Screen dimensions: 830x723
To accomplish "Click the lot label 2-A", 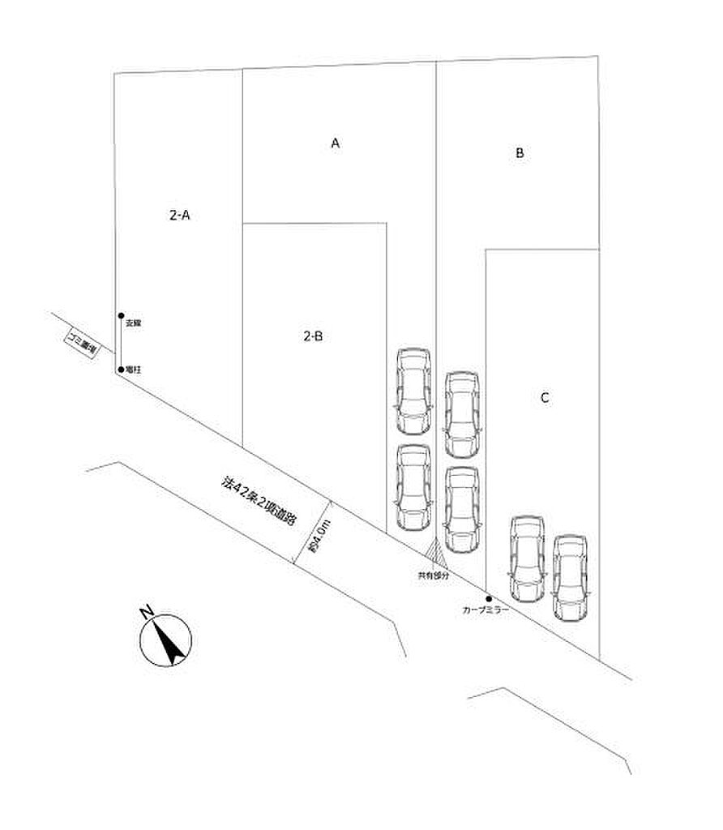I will pos(179,216).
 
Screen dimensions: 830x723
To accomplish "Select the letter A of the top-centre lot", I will pos(334,143).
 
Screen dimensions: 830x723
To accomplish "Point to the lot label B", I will pos(520,152).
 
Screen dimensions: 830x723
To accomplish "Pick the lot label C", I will pos(545,398).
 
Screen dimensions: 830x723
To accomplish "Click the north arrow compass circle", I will pos(166,640).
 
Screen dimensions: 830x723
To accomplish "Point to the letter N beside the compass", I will pos(147,612).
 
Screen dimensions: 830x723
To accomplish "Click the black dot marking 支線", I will pos(120,315).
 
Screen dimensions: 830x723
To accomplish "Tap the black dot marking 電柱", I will pos(120,370).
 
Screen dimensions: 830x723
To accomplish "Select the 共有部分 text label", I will pos(433,575).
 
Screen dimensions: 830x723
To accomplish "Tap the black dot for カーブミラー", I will pos(488,599).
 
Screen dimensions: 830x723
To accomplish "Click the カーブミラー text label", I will pos(485,610).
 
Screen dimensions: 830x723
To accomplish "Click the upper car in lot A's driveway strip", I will pos(413,390).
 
